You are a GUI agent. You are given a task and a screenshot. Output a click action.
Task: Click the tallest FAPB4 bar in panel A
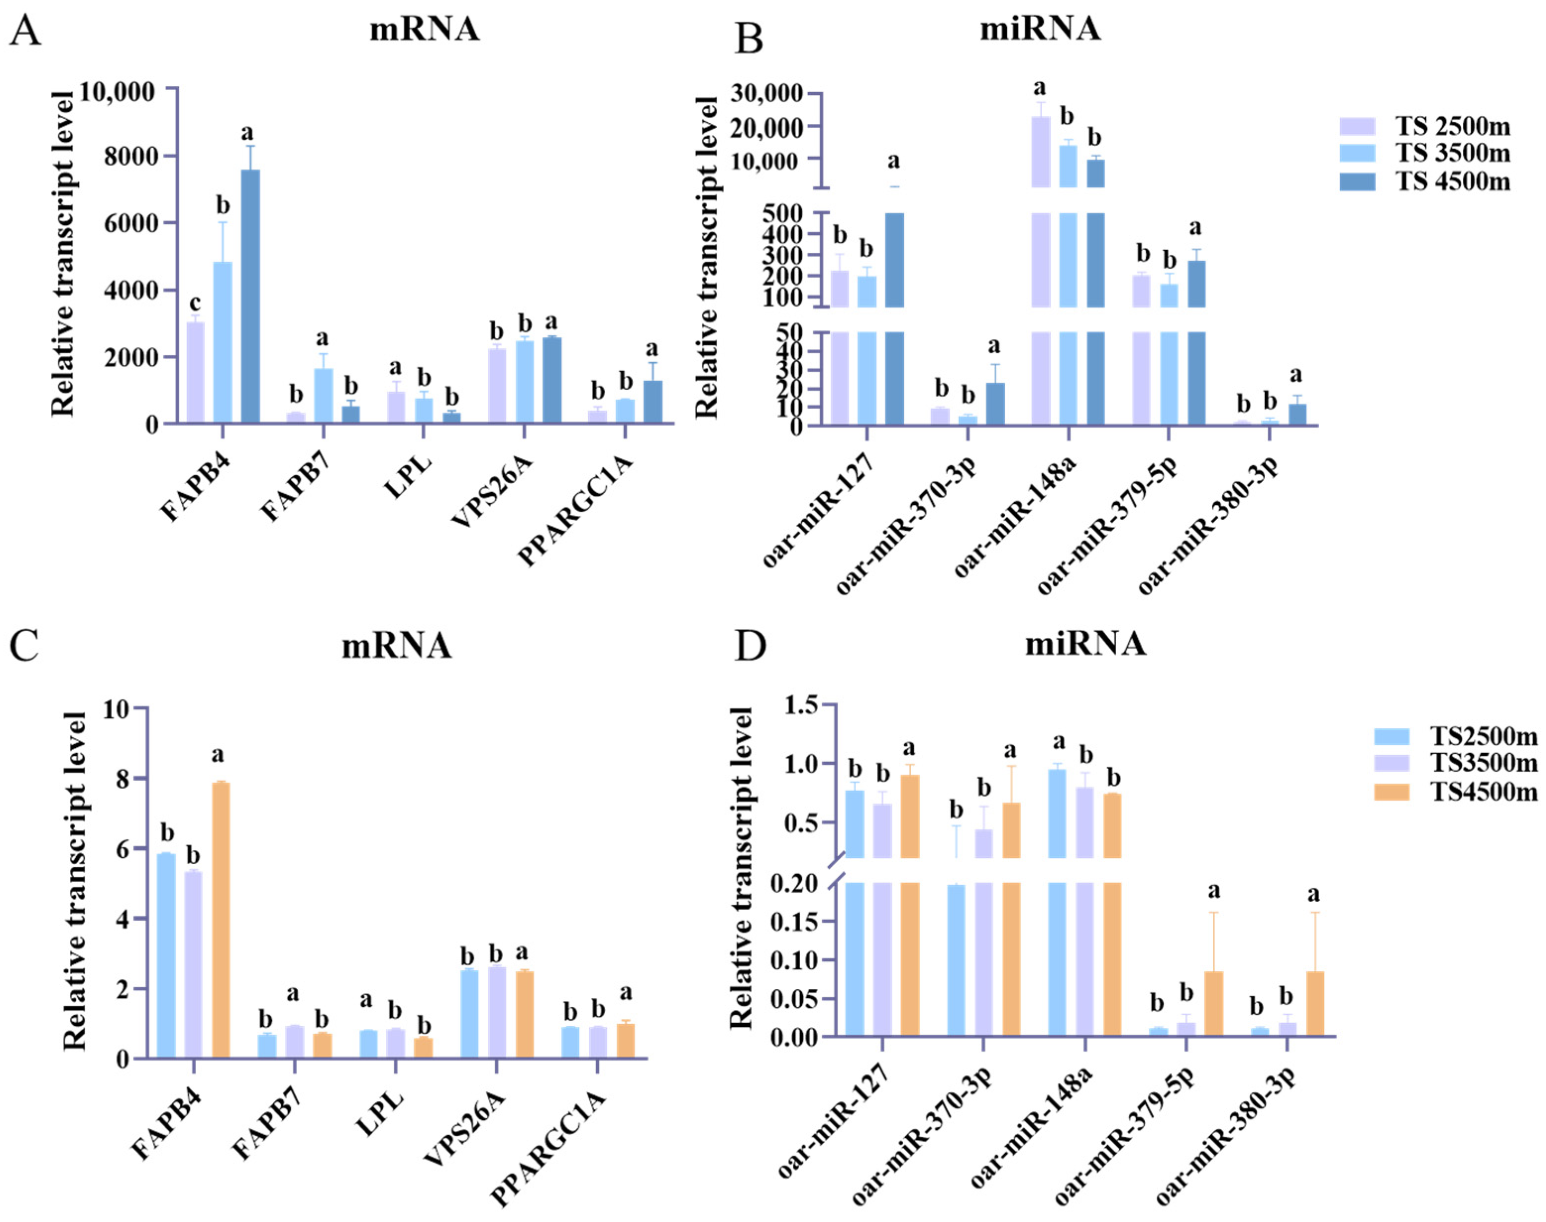[250, 296]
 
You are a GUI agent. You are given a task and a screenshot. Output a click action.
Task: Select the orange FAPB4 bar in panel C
[221, 920]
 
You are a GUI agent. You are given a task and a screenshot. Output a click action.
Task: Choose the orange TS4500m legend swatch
[1391, 792]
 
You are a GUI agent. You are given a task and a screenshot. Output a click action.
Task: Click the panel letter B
[749, 40]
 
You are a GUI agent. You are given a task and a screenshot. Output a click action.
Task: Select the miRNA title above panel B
[1040, 29]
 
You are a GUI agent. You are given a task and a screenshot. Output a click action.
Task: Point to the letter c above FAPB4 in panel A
[195, 303]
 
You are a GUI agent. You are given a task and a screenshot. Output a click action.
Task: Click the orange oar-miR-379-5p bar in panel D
[1214, 1003]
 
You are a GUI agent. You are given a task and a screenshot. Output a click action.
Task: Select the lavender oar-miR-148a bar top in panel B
[1041, 117]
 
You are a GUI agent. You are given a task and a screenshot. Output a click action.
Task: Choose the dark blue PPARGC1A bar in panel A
[653, 402]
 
